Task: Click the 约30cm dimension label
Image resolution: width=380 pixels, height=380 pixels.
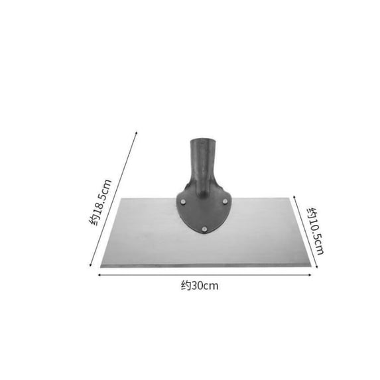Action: [x=200, y=286]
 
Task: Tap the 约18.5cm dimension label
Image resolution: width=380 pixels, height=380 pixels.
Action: [x=100, y=202]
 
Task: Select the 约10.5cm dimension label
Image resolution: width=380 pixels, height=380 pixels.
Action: [x=315, y=231]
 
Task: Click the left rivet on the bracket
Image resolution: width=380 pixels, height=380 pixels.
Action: [x=184, y=202]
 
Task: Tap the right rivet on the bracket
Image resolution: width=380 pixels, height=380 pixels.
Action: [x=225, y=201]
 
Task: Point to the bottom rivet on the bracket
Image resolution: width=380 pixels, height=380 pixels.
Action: [x=204, y=229]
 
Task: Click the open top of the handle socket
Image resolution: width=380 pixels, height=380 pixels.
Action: [x=203, y=141]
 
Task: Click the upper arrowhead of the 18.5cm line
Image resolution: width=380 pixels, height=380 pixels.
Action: [x=137, y=133]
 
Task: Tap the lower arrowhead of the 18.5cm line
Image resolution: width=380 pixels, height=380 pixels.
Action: [x=90, y=265]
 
